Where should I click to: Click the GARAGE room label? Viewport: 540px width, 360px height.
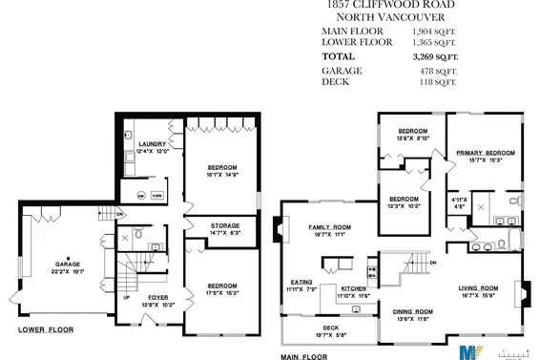[68, 263]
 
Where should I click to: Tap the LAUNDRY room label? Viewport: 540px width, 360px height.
[153, 143]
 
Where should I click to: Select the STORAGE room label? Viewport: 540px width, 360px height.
[226, 225]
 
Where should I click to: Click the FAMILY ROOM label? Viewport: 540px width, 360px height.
[329, 227]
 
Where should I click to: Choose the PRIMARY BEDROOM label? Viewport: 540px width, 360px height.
[486, 152]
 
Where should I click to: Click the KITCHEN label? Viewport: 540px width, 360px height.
[354, 288]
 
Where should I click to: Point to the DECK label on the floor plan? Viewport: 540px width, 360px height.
[330, 328]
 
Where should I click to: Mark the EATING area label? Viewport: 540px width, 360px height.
[301, 282]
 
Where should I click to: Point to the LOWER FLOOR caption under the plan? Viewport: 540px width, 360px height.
[45, 330]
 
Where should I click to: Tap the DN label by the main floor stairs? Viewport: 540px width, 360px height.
[433, 262]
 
